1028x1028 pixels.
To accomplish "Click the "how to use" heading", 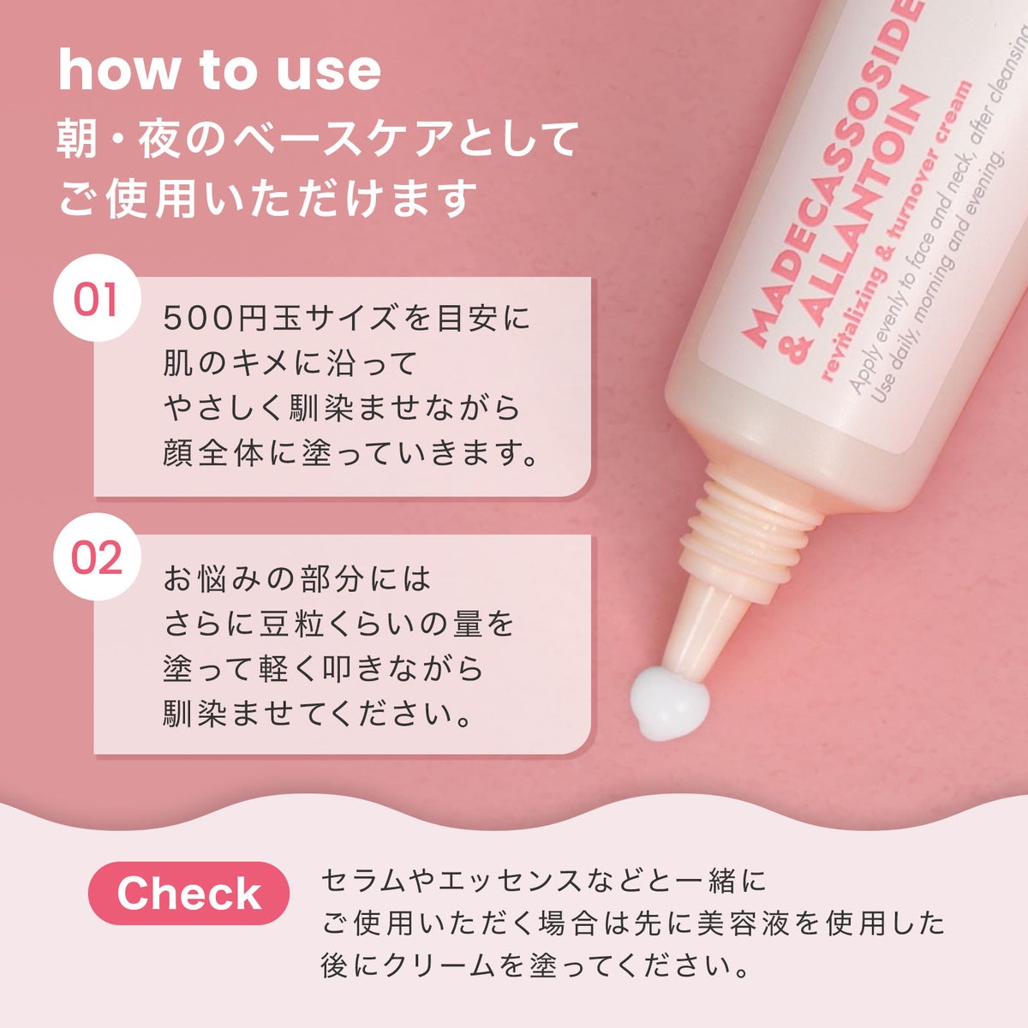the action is [x=219, y=70].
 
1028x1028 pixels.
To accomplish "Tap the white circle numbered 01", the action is [x=97, y=298].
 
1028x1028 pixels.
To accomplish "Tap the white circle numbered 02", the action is [x=97, y=557].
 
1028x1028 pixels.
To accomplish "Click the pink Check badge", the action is [x=188, y=893].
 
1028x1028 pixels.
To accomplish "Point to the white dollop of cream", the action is [x=670, y=702].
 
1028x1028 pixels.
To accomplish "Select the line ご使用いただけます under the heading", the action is [x=266, y=198].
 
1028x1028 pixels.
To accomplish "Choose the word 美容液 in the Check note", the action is [x=744, y=923].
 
